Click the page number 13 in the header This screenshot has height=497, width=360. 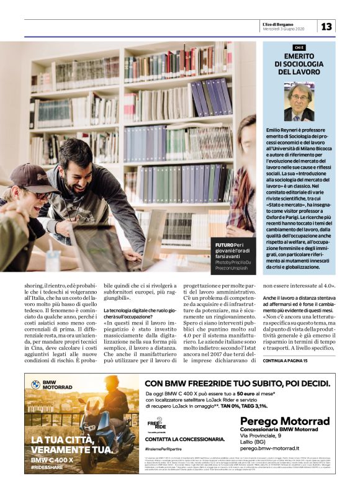click(326, 26)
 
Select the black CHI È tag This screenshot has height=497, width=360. click(299, 47)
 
